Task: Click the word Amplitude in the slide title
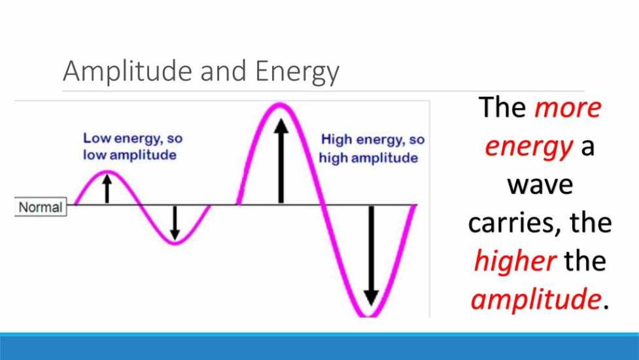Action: pos(128,72)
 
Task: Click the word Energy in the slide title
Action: pos(297,72)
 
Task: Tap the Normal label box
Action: pos(41,207)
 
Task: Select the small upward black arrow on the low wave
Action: pos(107,189)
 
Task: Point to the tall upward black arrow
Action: pos(281,160)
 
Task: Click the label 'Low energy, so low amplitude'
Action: pos(133,147)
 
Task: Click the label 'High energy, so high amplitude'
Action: pos(371,149)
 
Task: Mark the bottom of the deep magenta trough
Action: pos(368,315)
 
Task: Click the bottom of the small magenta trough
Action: pos(175,243)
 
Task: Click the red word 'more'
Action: pos(568,108)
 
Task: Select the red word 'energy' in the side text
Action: pos(529,147)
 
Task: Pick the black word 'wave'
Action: pos(540,185)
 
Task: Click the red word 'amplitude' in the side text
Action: pos(536,299)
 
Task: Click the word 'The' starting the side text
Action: pos(502,107)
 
